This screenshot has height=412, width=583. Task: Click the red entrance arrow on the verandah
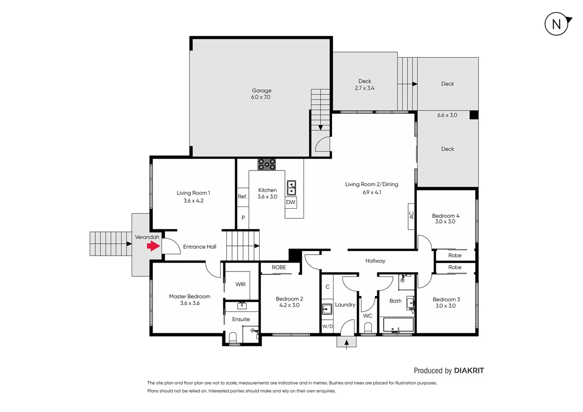point(153,246)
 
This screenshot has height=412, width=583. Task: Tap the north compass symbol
point(557,24)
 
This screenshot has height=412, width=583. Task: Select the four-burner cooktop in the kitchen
point(267,164)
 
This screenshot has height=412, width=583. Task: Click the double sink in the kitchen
point(291,188)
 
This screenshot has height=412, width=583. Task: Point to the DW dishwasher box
point(291,202)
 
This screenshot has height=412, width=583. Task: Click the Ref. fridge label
point(242,197)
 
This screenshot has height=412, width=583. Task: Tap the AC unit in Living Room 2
point(411,216)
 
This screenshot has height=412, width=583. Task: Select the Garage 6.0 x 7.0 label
point(261,94)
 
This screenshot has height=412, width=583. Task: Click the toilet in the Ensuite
point(233,338)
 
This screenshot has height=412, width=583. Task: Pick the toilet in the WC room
point(368,328)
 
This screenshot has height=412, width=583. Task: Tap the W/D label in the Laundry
point(327,327)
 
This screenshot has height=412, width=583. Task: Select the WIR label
point(240,284)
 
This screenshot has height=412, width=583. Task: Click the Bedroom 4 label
point(445,219)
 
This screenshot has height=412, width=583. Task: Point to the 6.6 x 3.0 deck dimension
point(447,115)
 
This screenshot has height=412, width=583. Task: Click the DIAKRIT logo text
point(469,371)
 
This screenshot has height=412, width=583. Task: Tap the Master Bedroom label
point(190,299)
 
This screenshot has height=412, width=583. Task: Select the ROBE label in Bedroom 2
point(279,267)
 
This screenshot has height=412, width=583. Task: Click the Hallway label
point(375,261)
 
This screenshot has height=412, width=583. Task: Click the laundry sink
point(327,309)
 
